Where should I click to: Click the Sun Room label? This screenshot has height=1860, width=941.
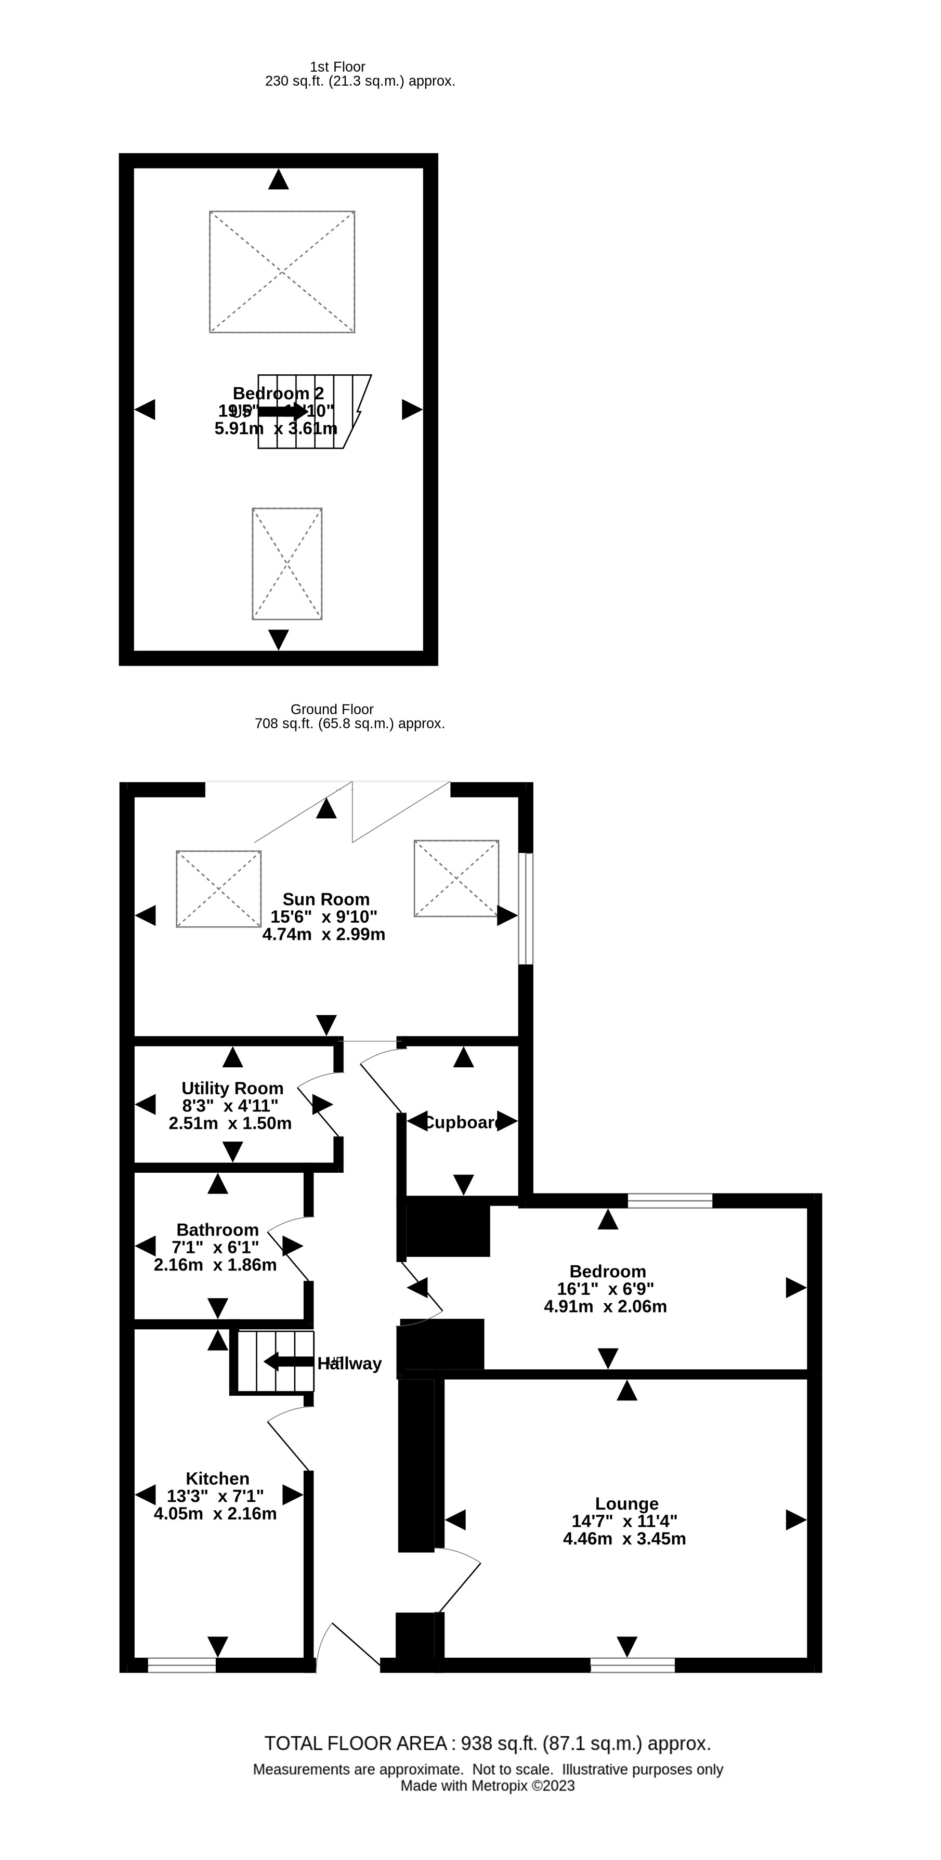pyautogui.click(x=325, y=899)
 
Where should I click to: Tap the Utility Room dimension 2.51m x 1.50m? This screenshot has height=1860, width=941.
pyautogui.click(x=230, y=1123)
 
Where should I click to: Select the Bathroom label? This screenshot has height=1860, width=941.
pyautogui.click(x=217, y=1229)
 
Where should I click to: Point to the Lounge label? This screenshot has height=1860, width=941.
pyautogui.click(x=626, y=1503)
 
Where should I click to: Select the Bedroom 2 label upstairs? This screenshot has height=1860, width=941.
pyautogui.click(x=278, y=393)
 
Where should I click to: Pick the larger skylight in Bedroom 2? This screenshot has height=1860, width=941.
pyautogui.click(x=282, y=272)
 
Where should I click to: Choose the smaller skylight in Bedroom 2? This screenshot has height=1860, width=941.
pyautogui.click(x=286, y=564)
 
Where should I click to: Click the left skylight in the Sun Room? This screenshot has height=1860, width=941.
pyautogui.click(x=218, y=889)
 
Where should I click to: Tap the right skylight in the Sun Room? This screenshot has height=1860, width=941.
pyautogui.click(x=456, y=878)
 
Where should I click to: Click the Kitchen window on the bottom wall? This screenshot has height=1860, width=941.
pyautogui.click(x=181, y=1665)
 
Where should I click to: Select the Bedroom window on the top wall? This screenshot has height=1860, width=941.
pyautogui.click(x=670, y=1201)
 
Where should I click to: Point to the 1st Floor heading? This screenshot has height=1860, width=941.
pyautogui.click(x=337, y=67)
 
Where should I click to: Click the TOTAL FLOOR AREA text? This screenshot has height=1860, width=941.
pyautogui.click(x=488, y=1743)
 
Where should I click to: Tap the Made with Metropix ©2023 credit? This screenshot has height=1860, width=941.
pyautogui.click(x=488, y=1786)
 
